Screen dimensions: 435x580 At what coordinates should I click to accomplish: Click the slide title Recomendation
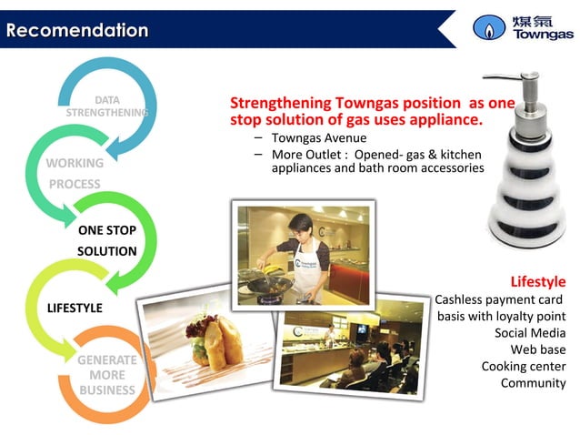(76, 30)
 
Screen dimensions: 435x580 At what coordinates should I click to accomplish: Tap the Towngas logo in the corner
(522, 27)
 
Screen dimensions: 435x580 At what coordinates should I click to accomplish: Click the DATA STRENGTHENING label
(107, 106)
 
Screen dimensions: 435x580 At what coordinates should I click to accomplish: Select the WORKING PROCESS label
(75, 174)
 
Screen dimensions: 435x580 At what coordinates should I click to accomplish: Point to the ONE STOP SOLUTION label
(107, 240)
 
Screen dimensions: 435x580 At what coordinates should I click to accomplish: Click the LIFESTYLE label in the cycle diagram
(75, 308)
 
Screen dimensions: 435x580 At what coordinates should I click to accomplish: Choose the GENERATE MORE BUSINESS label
(106, 375)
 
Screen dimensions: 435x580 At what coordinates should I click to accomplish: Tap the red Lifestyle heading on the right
(537, 281)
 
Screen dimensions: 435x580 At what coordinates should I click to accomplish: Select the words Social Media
(529, 332)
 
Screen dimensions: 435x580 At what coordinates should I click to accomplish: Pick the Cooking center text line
(523, 366)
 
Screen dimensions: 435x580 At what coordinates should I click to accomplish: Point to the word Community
(533, 382)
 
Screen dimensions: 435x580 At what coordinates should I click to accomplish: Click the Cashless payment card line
(499, 299)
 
